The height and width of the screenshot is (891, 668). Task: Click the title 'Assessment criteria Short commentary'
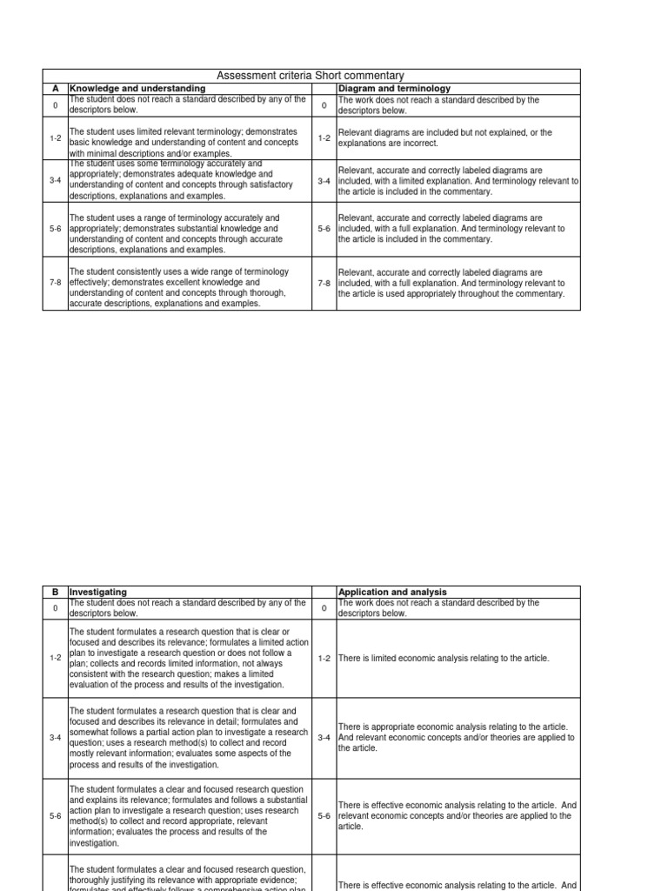click(311, 76)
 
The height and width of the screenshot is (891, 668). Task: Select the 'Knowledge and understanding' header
click(137, 88)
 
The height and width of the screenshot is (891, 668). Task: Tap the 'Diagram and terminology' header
click(394, 88)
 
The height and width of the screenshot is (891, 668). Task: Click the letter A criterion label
click(55, 88)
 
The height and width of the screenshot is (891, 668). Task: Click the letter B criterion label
click(55, 592)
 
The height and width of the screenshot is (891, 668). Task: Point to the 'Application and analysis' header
click(392, 592)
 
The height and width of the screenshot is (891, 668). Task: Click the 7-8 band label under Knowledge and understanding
click(55, 283)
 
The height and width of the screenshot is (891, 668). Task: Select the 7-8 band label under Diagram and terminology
click(324, 283)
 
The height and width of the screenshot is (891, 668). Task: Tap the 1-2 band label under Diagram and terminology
click(324, 138)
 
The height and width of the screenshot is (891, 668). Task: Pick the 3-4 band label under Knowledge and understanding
click(55, 181)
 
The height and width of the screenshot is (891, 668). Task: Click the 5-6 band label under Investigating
click(55, 816)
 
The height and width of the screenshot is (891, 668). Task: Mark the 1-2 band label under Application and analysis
click(324, 659)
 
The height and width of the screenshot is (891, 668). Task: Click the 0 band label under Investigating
click(55, 608)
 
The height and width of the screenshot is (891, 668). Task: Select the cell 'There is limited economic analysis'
click(444, 659)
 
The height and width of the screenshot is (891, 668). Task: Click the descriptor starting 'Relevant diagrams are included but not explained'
click(445, 138)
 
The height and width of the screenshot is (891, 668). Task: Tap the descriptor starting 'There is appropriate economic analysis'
click(456, 737)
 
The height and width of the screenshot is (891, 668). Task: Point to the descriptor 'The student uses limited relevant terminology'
click(187, 138)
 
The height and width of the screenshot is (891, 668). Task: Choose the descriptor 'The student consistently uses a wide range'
click(187, 288)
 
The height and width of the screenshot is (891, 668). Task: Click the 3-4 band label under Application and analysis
click(324, 738)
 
